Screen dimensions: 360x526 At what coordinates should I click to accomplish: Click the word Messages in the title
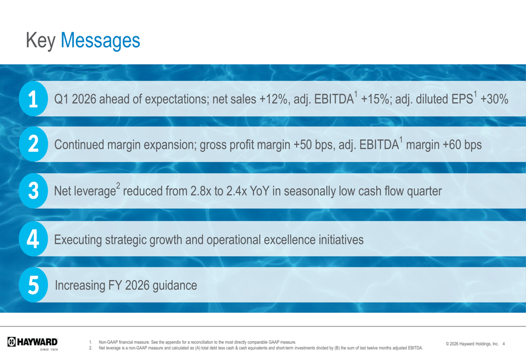click(x=100, y=40)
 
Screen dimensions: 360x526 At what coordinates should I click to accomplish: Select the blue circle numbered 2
click(x=32, y=145)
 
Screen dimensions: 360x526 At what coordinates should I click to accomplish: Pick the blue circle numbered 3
click(x=32, y=192)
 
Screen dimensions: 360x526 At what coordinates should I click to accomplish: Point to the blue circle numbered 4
click(x=32, y=239)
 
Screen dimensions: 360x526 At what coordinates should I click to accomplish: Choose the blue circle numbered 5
click(x=32, y=285)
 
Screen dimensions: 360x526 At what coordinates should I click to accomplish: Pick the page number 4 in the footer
click(x=503, y=343)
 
